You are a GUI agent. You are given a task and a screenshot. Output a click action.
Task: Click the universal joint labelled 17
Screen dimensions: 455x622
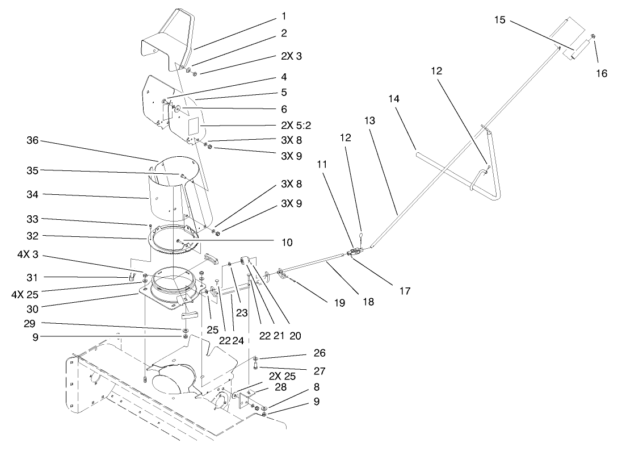(355, 253)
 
